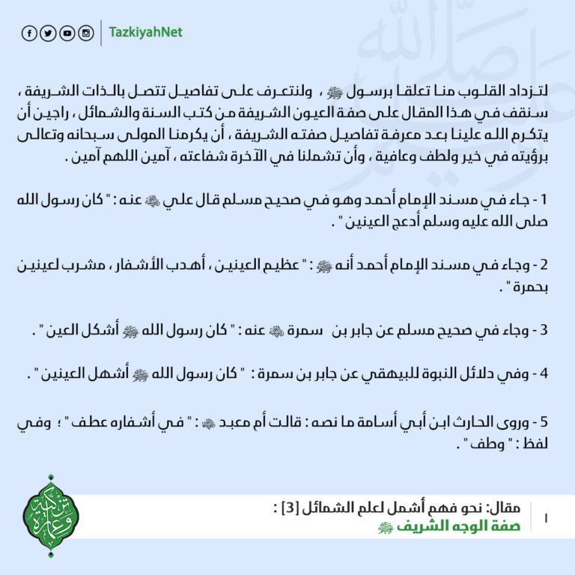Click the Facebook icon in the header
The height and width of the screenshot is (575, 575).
30,34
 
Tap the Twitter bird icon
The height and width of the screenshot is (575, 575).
49,34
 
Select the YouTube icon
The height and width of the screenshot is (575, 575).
67,34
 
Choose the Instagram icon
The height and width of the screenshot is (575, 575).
86,34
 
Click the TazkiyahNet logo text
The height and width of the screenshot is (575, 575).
146,33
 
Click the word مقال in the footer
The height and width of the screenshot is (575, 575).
500,508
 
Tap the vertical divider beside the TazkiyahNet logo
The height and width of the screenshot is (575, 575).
100,34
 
